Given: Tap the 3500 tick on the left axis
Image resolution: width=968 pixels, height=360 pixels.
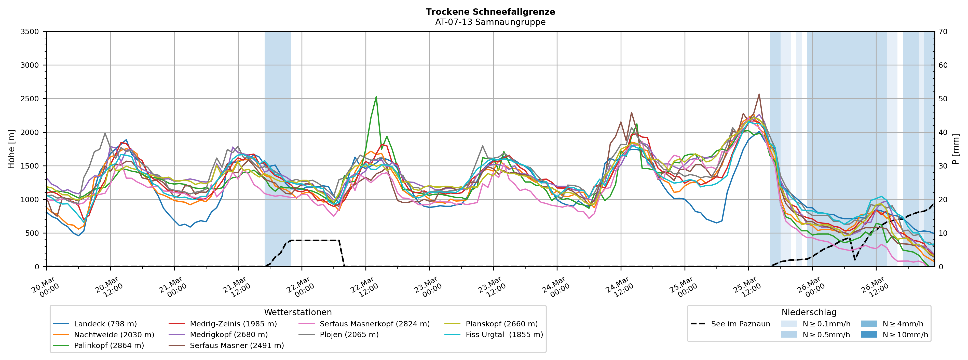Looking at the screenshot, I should tap(30, 32).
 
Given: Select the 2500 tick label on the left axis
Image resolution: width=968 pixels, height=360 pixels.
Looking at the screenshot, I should tap(30, 99).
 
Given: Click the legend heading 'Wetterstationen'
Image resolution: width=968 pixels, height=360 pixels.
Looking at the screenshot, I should tap(298, 312).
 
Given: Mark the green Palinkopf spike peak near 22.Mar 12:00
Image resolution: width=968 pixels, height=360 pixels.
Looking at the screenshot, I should tap(376, 97).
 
